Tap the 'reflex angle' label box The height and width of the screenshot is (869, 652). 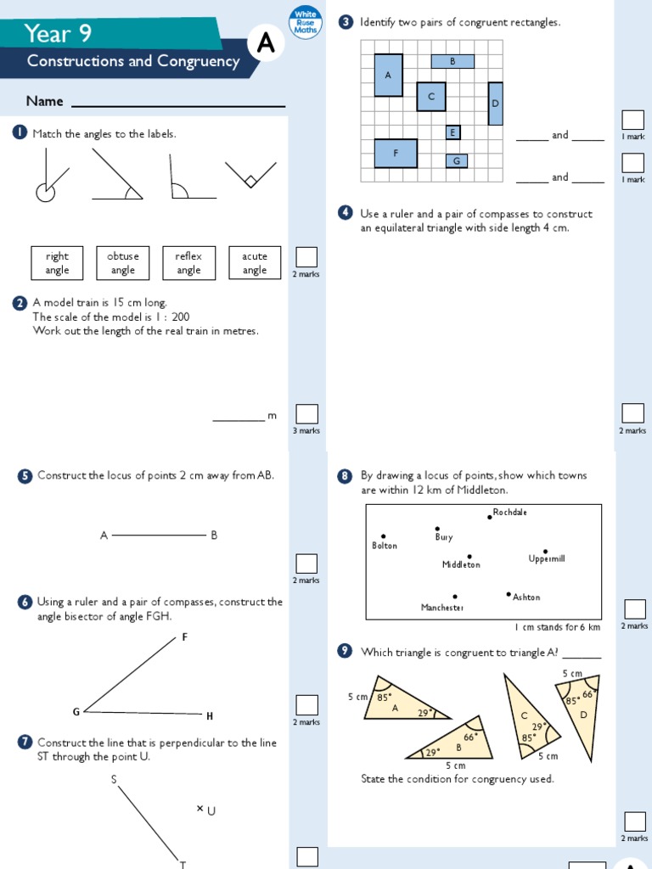tap(188, 263)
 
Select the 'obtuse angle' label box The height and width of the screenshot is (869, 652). tap(123, 263)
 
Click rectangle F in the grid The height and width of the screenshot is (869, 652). tap(396, 154)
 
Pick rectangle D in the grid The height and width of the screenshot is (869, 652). tap(495, 104)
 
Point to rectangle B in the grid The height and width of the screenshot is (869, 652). tap(452, 61)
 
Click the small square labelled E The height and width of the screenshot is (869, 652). tap(452, 132)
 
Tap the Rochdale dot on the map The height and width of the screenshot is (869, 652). tap(490, 517)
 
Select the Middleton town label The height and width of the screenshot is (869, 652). tap(461, 565)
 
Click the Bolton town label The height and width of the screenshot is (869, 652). tap(385, 546)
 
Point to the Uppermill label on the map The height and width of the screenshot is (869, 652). tap(546, 558)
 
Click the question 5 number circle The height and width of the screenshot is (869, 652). tap(25, 476)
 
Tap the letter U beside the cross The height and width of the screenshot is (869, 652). tap(211, 811)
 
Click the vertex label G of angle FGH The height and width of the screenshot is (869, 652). tap(76, 711)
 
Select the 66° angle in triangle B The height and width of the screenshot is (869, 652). tap(469, 737)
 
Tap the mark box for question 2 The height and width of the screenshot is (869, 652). tap(306, 413)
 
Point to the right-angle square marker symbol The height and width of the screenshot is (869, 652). tap(251, 181)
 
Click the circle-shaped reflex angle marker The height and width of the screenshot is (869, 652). tap(45, 193)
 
